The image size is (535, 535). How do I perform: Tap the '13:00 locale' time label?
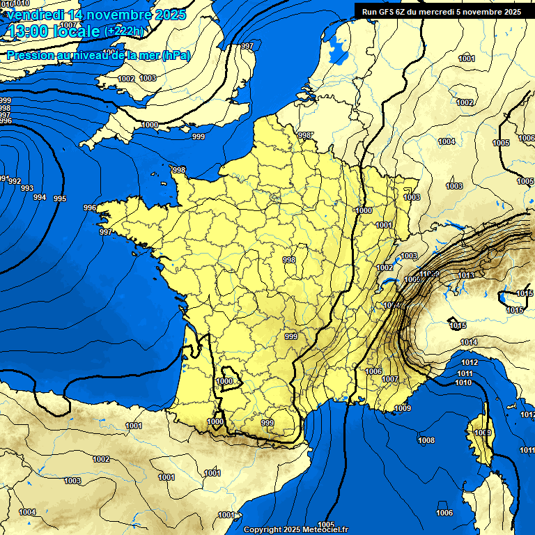(x=54, y=31)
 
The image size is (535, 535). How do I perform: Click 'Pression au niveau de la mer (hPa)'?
(x=98, y=55)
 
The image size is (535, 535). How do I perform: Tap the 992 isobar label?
(x=15, y=181)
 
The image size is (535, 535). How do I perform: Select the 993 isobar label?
(x=26, y=189)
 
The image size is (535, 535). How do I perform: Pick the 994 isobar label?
(x=40, y=197)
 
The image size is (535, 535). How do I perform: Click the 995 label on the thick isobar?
(x=60, y=199)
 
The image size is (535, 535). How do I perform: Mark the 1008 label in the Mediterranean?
(x=426, y=440)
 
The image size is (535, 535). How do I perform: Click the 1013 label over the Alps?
(x=466, y=275)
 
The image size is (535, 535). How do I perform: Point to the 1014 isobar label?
(x=469, y=342)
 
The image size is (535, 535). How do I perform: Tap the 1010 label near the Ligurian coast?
(x=463, y=382)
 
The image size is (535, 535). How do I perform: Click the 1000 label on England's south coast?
(x=150, y=125)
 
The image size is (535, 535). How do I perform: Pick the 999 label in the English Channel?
(x=199, y=137)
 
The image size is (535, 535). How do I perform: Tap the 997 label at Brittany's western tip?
(x=106, y=232)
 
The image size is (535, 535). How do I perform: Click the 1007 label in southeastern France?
(x=390, y=379)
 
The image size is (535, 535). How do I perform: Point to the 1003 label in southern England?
(x=148, y=79)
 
